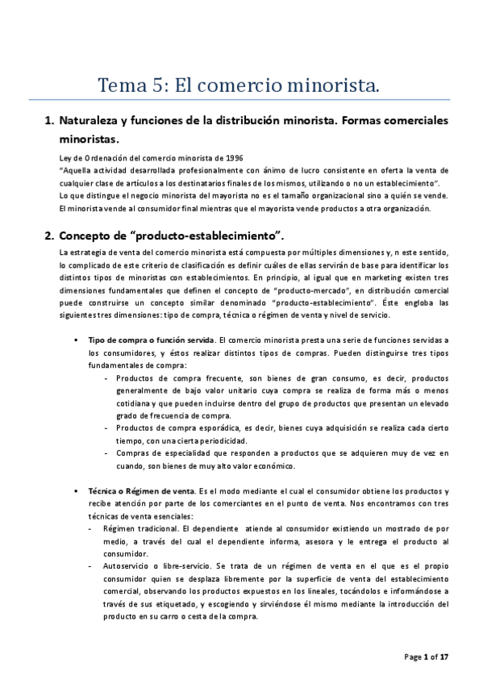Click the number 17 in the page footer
click(444, 657)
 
